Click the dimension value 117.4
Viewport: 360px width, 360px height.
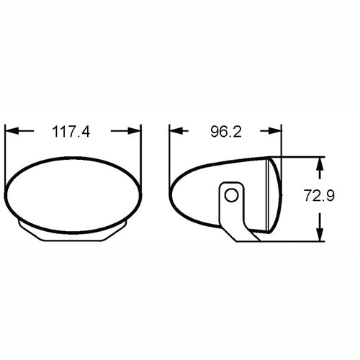tap(73, 132)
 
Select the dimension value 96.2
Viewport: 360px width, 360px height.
tap(225, 132)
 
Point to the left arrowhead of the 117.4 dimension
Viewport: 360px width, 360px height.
tap(10, 132)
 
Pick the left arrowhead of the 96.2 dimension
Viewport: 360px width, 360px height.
tap(175, 132)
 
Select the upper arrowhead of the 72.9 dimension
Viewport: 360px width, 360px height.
tap(320, 162)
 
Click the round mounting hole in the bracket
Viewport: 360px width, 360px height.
tap(230, 195)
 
